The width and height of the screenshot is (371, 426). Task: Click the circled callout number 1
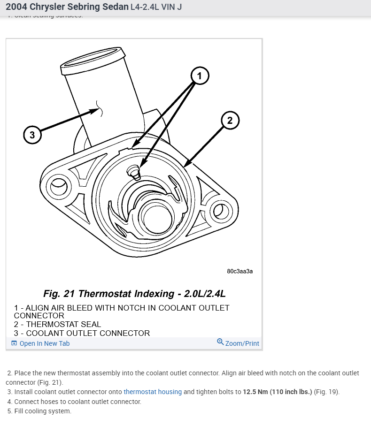pos(200,76)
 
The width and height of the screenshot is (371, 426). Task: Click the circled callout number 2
pos(230,121)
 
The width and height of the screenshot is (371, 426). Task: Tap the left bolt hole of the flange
pos(58,188)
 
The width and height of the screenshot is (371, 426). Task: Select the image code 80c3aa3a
pos(240,271)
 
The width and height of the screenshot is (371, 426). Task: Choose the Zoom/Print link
pos(242,343)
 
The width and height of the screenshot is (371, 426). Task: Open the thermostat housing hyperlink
pos(153,392)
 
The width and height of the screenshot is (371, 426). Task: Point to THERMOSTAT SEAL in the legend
pos(63,324)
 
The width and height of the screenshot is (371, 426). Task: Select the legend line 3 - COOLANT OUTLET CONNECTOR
pos(82,333)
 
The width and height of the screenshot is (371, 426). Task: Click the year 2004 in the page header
pos(17,8)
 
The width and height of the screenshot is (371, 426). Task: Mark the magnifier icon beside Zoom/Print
pos(220,342)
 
